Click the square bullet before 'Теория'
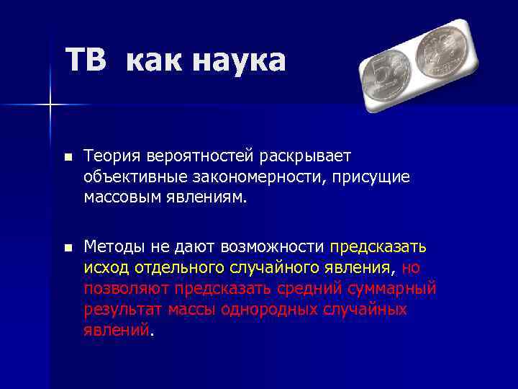tap(68, 156)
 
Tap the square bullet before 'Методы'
tap(68, 248)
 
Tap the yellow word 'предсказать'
tap(378, 247)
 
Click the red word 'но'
tap(411, 268)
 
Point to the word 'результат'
tap(122, 310)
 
